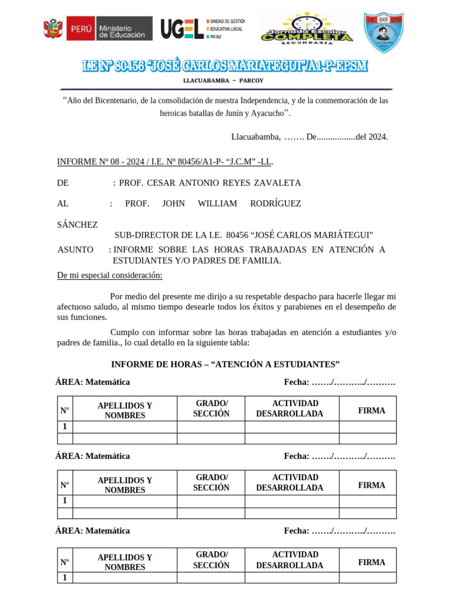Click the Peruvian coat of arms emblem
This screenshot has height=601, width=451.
[x=53, y=28]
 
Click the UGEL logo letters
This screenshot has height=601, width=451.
[x=182, y=28]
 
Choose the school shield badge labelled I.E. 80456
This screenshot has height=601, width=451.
[x=383, y=32]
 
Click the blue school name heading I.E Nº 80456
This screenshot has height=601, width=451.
[x=225, y=66]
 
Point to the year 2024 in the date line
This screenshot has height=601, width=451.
[x=376, y=137]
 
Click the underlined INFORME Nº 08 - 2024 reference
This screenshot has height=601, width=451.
[x=164, y=161]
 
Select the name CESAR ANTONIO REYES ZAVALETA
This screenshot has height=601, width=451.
[x=210, y=183]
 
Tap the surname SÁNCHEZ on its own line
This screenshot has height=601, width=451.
[x=78, y=225]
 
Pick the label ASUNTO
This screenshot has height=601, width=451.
[x=75, y=249]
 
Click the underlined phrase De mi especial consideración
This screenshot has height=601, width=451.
[x=110, y=275]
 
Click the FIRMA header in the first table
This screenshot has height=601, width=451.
[x=372, y=411]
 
